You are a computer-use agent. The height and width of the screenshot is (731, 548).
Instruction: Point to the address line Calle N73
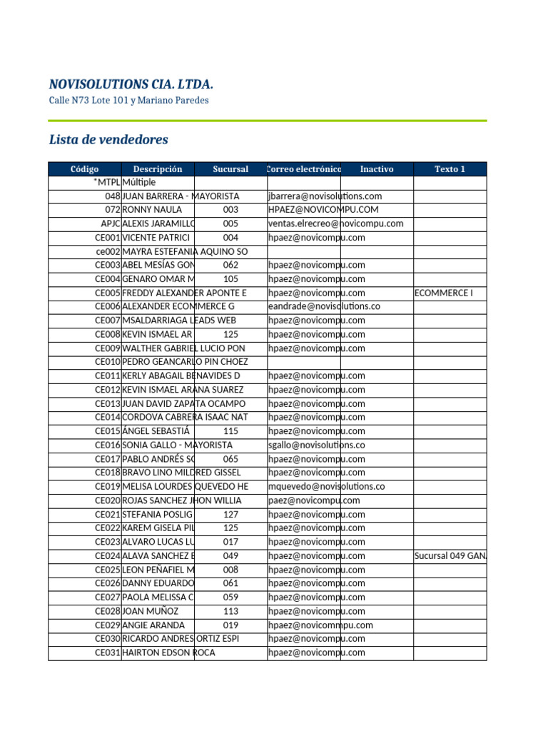tap(128, 101)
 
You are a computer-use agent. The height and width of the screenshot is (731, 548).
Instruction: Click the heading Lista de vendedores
tap(108, 139)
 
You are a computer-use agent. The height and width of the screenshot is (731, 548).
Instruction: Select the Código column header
tap(85, 169)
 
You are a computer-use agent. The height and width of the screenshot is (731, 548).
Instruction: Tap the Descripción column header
tap(158, 169)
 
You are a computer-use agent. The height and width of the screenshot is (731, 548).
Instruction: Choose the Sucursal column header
tap(230, 169)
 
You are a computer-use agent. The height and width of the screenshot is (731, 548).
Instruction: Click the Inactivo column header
tap(377, 169)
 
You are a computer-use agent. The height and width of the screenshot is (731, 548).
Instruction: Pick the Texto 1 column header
tap(450, 169)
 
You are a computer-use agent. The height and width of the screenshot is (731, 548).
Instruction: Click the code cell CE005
tap(108, 293)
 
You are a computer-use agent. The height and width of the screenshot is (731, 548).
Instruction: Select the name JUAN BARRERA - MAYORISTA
tap(181, 196)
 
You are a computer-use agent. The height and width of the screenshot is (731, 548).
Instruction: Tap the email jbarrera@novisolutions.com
tap(325, 196)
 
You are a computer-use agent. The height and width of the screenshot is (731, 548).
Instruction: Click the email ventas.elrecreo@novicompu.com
tap(336, 223)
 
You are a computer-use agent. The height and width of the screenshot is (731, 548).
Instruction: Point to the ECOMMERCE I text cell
tap(443, 293)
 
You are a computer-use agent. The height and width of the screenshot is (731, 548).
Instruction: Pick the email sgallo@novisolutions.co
tap(317, 445)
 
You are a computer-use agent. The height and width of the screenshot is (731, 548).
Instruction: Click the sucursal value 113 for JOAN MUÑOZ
tap(230, 611)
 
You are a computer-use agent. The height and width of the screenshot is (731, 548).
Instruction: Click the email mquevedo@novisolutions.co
tap(327, 486)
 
